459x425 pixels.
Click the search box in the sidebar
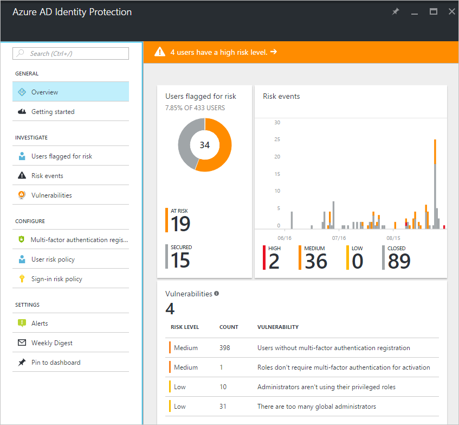71,53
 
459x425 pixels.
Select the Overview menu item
44,92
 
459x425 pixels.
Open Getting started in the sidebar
53,112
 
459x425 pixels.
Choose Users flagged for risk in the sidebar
61,156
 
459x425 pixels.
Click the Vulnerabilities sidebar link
51,195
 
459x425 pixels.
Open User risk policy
53,259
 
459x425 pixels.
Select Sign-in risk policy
57,279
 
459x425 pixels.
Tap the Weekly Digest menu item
51,343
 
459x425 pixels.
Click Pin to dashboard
55,363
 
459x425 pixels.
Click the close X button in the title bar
451,11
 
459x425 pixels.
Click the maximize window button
434,11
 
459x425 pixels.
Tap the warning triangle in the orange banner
160,52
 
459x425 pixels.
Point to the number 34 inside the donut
205,145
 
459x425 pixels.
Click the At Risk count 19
180,224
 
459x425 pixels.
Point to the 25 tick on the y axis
277,139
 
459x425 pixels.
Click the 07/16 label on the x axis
339,238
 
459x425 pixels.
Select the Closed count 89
399,262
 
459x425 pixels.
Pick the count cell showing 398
225,348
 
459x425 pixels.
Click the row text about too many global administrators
316,407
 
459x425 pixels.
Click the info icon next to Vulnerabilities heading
216,293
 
